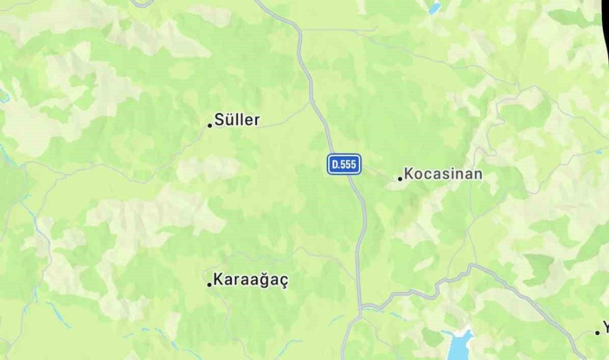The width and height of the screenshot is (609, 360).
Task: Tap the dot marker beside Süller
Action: click(x=210, y=125)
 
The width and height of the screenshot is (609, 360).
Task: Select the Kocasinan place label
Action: click(x=443, y=174)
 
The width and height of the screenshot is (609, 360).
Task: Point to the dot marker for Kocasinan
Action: click(x=400, y=178)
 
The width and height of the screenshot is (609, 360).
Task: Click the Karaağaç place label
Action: click(x=251, y=280)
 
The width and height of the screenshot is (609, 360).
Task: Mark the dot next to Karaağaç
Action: click(x=209, y=285)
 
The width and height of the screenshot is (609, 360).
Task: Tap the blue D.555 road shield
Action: click(x=344, y=164)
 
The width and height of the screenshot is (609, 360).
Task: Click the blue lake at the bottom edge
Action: click(x=458, y=346)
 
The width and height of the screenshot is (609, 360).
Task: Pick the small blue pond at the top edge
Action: click(x=435, y=8)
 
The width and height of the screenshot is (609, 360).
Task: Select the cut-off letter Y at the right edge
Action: click(x=605, y=328)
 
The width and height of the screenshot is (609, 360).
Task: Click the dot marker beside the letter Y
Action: click(x=597, y=333)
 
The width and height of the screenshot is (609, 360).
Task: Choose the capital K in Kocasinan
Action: click(x=409, y=174)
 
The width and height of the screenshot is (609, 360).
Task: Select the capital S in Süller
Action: click(x=219, y=120)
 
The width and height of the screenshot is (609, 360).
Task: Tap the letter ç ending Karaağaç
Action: click(x=283, y=281)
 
